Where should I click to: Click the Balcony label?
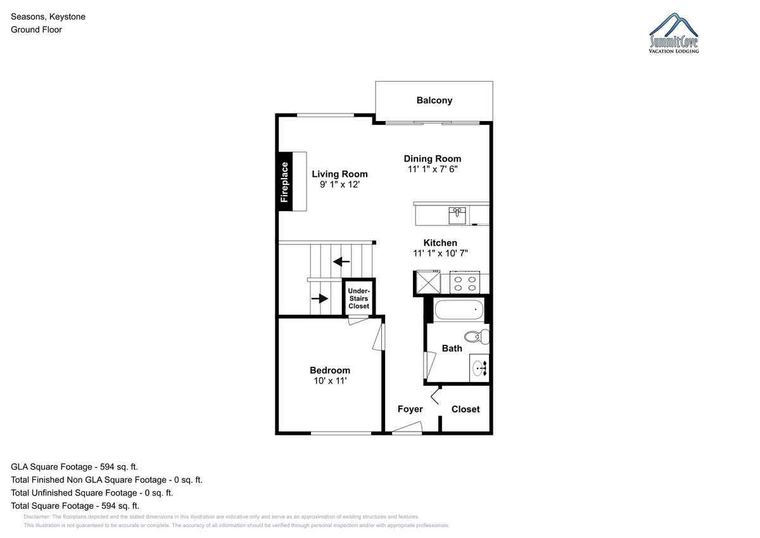[x=434, y=101]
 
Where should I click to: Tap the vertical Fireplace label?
[x=284, y=182]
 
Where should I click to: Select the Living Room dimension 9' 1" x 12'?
[x=339, y=184]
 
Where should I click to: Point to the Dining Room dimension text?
[x=433, y=169]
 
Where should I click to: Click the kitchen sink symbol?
[x=457, y=216]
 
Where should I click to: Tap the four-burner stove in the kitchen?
[x=464, y=283]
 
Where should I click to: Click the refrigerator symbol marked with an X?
[x=428, y=282]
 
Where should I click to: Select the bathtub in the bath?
[x=459, y=309]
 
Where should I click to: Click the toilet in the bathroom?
[x=476, y=336]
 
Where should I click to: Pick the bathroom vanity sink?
[x=479, y=368]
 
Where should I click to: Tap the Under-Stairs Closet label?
[x=358, y=298]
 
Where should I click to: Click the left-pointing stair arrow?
[x=341, y=262]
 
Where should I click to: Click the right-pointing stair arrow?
[x=320, y=298]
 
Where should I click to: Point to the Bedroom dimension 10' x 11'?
[x=330, y=381]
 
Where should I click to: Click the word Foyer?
[x=410, y=409]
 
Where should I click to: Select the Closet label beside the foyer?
[x=465, y=409]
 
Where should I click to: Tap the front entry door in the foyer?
[x=407, y=428]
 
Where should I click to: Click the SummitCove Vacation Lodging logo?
[x=674, y=33]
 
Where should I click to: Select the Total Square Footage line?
[x=75, y=506]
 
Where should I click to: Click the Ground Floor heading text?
[x=36, y=30]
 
